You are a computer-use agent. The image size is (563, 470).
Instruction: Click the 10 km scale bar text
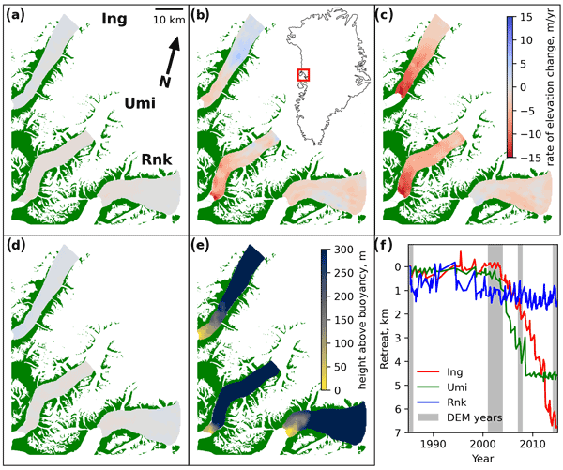pos(169,22)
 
